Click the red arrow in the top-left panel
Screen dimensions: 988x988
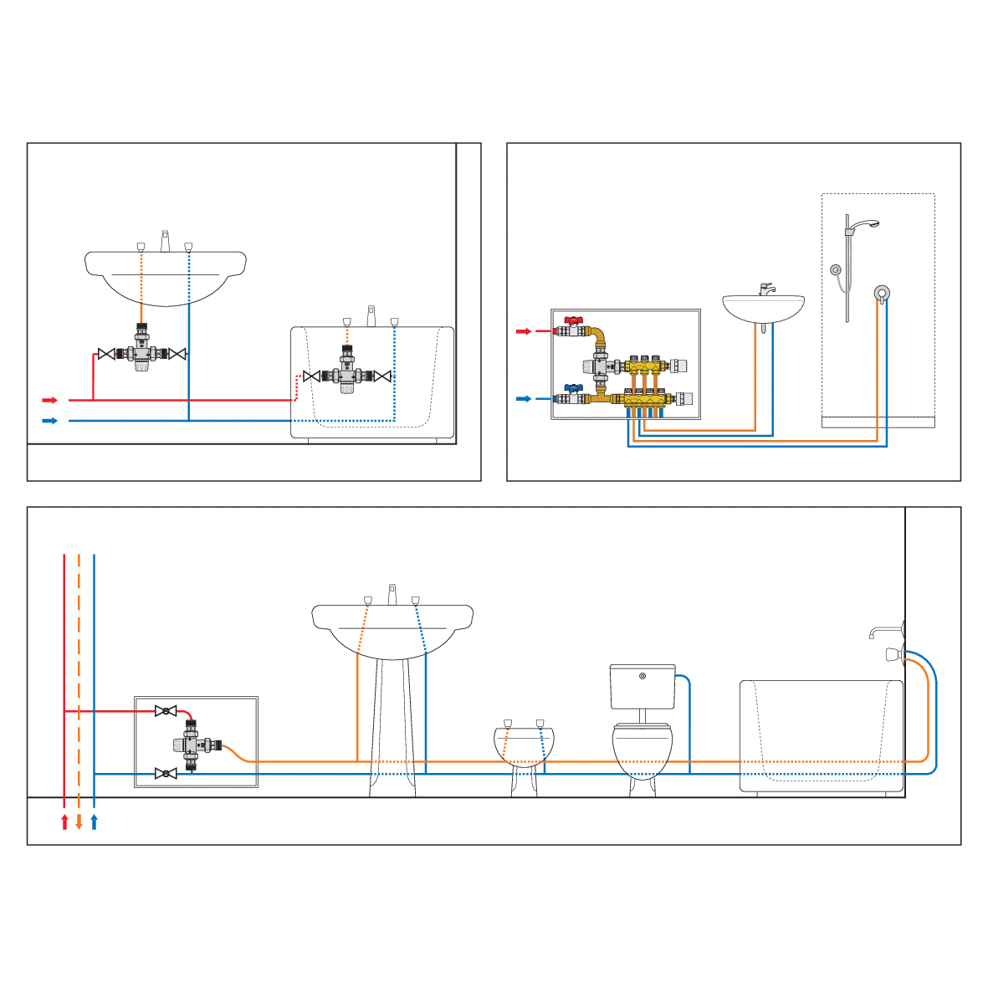pyautogui.click(x=50, y=400)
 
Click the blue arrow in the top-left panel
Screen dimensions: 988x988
pyautogui.click(x=50, y=421)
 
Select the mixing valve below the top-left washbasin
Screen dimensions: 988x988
pyautogui.click(x=141, y=354)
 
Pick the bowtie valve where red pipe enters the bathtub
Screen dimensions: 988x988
pyautogui.click(x=310, y=376)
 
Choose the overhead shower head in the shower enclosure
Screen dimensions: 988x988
pyautogui.click(x=873, y=223)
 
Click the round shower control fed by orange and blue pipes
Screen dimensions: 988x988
pyautogui.click(x=880, y=293)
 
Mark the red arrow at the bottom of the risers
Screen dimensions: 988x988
pyautogui.click(x=64, y=822)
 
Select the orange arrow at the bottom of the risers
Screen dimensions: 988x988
pyautogui.click(x=79, y=822)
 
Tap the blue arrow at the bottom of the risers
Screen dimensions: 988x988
pyautogui.click(x=95, y=822)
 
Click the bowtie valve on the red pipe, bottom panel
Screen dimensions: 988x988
pyautogui.click(x=166, y=711)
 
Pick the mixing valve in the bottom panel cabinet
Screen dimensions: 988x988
pyautogui.click(x=192, y=743)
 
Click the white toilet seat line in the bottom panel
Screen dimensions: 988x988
pyautogui.click(x=642, y=728)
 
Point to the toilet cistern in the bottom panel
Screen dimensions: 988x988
pyautogui.click(x=642, y=685)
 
